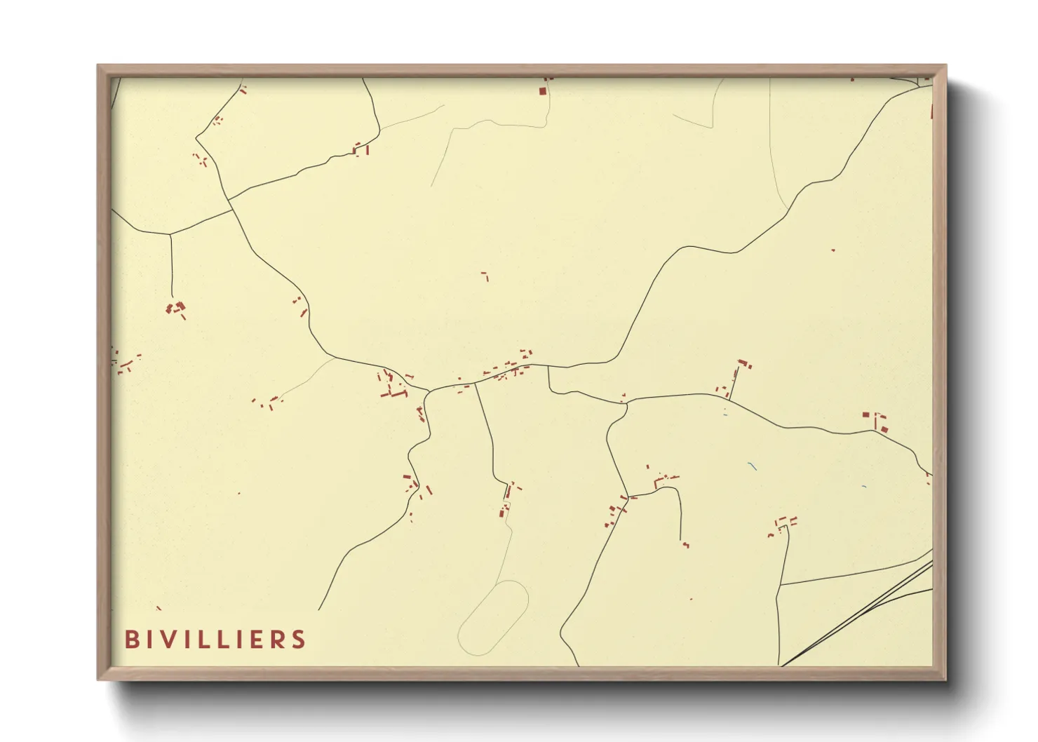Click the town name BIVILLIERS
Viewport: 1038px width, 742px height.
click(215, 640)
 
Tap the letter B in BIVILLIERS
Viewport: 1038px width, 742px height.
click(131, 640)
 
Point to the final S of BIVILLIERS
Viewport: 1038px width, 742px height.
click(299, 640)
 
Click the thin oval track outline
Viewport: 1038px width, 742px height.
click(492, 618)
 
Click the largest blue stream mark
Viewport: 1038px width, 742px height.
click(752, 466)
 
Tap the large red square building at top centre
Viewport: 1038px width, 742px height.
click(542, 90)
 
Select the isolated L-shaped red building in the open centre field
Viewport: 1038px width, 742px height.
click(485, 276)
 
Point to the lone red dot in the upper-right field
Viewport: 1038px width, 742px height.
click(833, 250)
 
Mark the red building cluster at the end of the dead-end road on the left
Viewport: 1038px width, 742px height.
click(176, 308)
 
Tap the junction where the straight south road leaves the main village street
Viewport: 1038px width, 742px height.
click(476, 383)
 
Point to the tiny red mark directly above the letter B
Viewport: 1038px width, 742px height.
click(159, 608)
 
